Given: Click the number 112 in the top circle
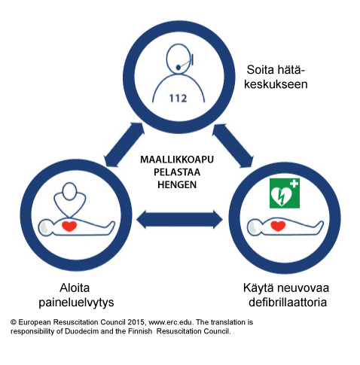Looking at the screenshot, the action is [x=178, y=98].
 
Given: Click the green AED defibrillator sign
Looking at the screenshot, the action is [x=285, y=193].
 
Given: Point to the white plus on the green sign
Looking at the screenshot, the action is [x=294, y=184].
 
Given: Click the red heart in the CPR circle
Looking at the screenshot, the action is [x=69, y=226].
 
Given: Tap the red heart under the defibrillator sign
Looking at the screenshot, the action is [x=278, y=226].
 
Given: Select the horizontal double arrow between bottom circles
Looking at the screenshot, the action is [x=179, y=220].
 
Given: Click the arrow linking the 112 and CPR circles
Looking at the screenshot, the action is [x=124, y=144].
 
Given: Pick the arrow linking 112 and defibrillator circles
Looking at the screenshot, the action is [x=233, y=145].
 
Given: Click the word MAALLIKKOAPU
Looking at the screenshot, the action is [x=177, y=160].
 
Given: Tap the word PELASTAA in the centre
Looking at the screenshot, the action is [x=177, y=172].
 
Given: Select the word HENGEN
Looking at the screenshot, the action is [x=177, y=184].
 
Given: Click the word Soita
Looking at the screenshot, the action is [x=261, y=69].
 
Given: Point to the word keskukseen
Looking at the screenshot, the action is [x=276, y=84].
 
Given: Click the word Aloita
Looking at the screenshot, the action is [x=75, y=287].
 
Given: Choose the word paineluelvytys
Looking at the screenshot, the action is [x=76, y=303].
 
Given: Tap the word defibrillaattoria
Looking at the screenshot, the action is [x=288, y=302].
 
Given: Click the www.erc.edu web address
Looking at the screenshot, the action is [x=171, y=322].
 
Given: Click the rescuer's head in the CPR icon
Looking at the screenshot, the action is [x=69, y=191].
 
